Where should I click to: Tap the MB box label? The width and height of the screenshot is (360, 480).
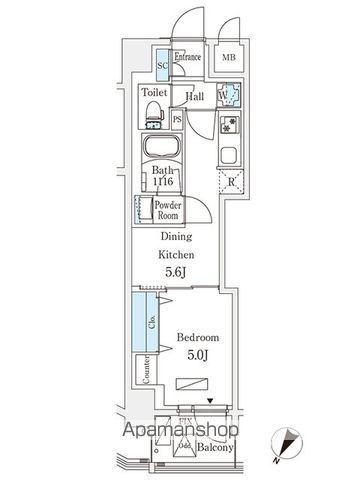point(230,58)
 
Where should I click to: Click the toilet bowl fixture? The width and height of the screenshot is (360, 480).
point(155,116)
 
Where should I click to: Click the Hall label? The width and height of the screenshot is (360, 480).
point(196,97)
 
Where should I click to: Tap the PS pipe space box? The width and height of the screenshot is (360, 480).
point(177,120)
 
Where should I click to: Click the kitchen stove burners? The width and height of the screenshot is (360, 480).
point(228,127)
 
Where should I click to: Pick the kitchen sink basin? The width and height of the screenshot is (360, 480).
point(228,156)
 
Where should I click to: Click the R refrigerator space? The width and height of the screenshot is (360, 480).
point(231,183)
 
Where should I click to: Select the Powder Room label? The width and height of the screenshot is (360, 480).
point(166,209)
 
